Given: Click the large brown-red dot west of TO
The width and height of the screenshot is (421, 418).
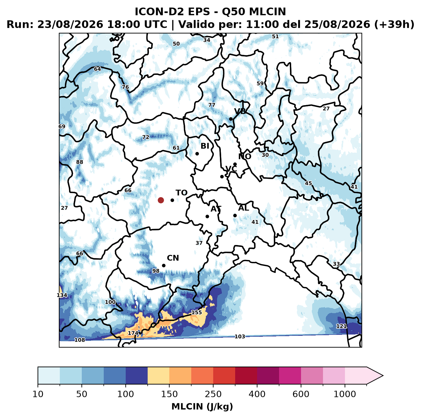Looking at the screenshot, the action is click(x=161, y=200).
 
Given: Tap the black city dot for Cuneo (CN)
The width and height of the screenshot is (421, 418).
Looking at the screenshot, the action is click(x=164, y=265).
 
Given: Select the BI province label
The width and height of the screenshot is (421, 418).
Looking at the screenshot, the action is click(x=205, y=146).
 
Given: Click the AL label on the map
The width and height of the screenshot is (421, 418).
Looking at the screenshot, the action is click(x=244, y=208).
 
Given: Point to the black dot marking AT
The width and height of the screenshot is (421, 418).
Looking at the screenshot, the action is click(x=207, y=217).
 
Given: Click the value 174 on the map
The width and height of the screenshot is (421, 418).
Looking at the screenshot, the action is click(x=133, y=333).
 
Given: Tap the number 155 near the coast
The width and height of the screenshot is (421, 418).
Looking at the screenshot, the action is click(x=196, y=312).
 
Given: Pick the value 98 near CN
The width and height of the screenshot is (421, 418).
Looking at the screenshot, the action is click(x=156, y=271).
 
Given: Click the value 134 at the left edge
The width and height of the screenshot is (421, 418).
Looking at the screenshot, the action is click(x=62, y=295).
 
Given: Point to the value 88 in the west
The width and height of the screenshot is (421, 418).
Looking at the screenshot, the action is click(x=80, y=162).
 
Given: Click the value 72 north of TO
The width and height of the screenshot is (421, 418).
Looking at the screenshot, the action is click(x=146, y=137).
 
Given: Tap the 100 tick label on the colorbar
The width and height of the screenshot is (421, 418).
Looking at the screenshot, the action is click(x=126, y=394).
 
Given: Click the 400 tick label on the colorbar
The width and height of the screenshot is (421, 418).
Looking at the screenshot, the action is click(x=257, y=394).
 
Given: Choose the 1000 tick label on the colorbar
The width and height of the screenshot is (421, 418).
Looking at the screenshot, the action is click(x=345, y=394).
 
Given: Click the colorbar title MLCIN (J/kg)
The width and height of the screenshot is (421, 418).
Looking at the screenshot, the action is click(x=202, y=407).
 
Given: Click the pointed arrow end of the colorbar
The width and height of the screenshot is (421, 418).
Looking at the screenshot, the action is click(x=383, y=376).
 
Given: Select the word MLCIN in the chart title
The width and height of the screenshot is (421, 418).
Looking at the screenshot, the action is click(x=267, y=12).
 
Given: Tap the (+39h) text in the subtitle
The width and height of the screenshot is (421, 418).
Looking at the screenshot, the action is click(x=394, y=25).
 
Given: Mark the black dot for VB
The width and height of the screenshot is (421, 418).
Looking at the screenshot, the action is click(x=231, y=119).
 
